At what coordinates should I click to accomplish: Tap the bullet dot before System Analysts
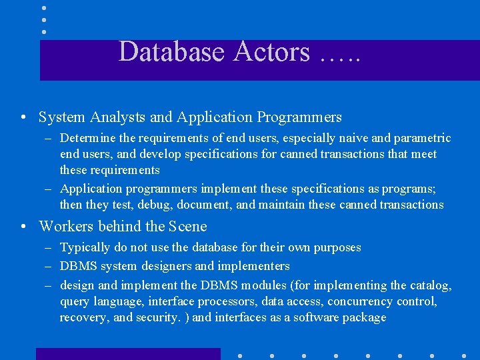[23, 118]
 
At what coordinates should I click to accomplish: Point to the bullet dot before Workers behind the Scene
[23, 227]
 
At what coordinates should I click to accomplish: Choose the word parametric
[418, 139]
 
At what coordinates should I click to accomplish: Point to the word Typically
[85, 248]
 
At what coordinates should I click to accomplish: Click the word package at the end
[364, 318]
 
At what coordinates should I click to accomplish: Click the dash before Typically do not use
[49, 248]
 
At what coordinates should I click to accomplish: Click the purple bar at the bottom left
[127, 354]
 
